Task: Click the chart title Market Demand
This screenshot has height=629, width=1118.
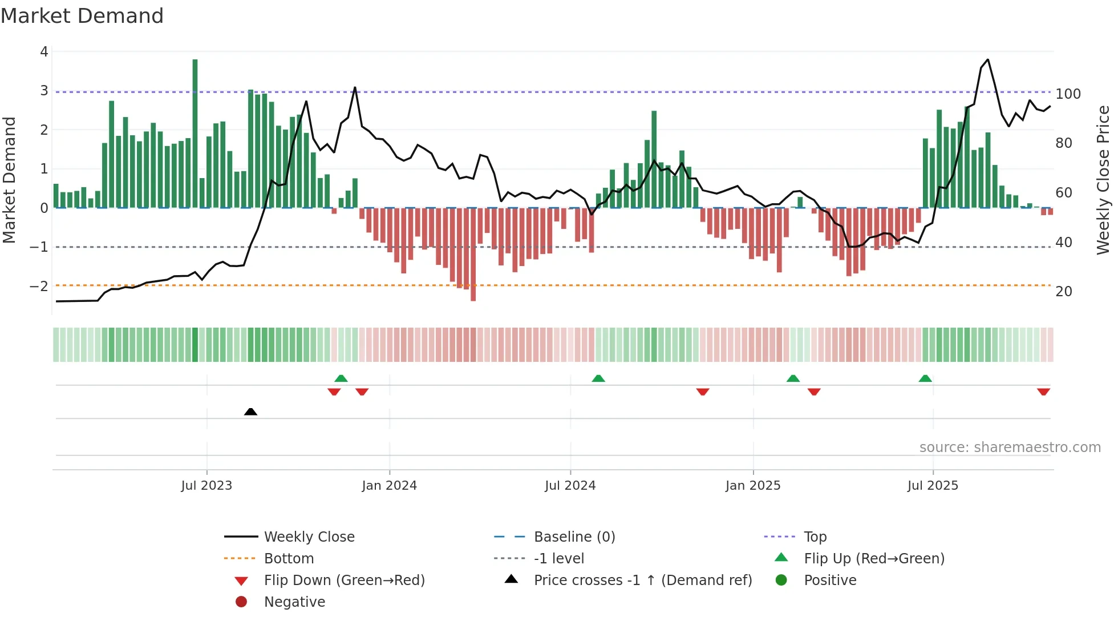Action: [82, 16]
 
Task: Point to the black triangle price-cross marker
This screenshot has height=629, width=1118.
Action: [250, 412]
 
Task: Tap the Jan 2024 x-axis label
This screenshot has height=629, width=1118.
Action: [389, 486]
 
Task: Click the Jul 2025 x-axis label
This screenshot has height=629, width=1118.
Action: [933, 486]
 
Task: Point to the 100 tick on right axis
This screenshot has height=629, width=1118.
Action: [1068, 94]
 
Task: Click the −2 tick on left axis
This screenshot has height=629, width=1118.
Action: [39, 286]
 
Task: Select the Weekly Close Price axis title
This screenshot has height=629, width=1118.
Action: [1103, 180]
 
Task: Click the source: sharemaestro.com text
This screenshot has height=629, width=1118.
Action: [1010, 447]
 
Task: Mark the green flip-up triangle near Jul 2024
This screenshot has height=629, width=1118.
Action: [598, 378]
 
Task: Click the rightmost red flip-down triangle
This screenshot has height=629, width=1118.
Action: [1043, 392]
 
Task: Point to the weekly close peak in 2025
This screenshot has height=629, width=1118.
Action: [987, 59]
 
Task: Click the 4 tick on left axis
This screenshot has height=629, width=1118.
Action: [44, 52]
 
